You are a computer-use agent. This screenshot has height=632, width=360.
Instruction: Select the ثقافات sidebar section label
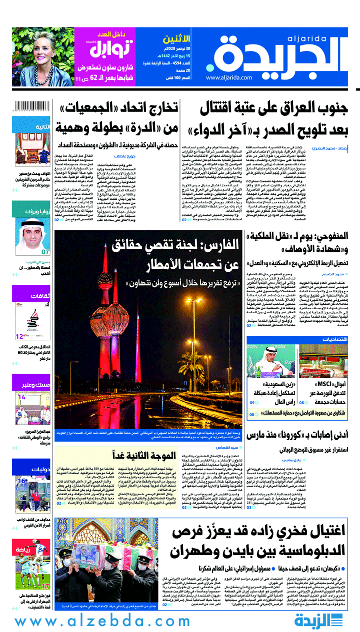[x=39, y=295]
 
